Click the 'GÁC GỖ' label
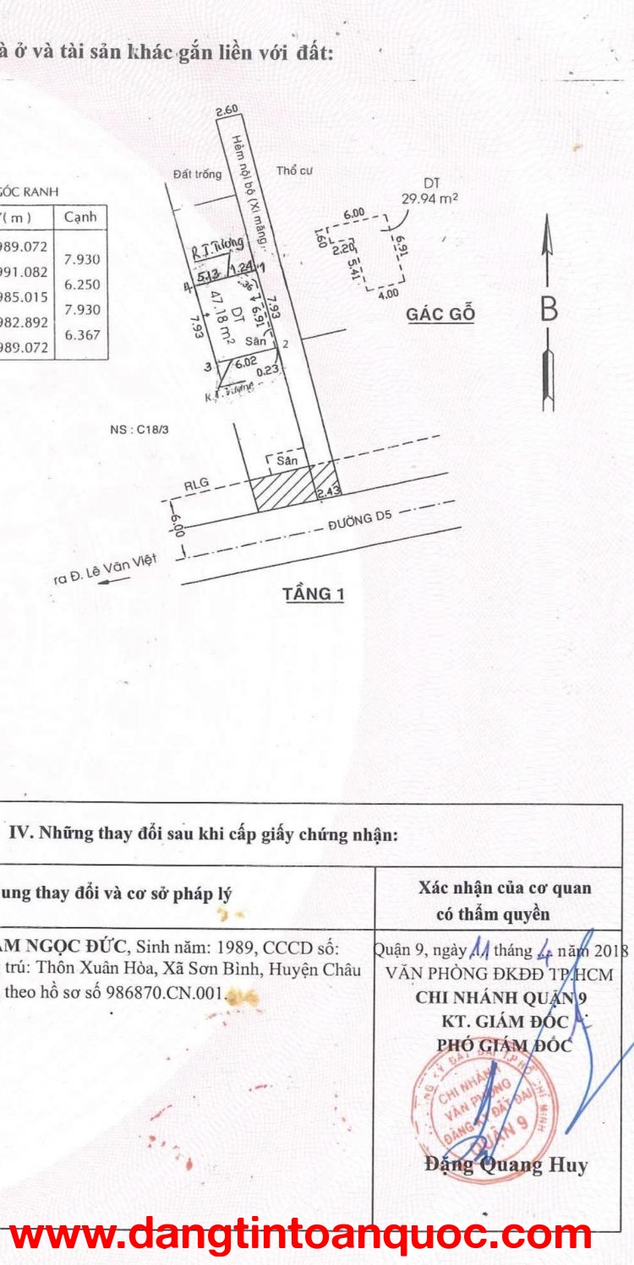pos(440,314)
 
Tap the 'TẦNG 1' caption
pos(314,594)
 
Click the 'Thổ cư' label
pos(294,171)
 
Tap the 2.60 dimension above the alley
pos(227,110)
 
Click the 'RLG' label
pos(197,485)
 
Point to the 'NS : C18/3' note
pos(139,429)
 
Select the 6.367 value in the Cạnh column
pos(82,334)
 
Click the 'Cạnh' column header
pos(80,217)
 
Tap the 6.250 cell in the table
pos(82,285)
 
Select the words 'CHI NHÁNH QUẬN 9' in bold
pos(504,996)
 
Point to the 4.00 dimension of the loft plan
pos(388,295)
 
